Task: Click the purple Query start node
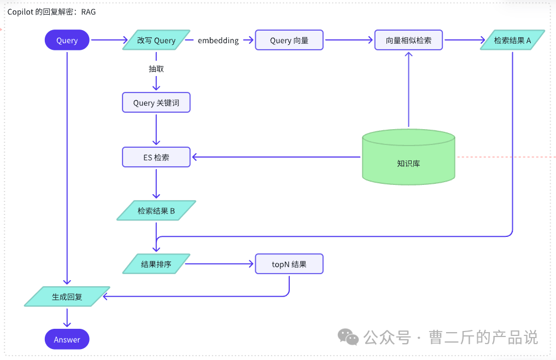point(67,40)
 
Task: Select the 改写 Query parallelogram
point(156,40)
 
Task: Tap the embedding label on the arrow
point(218,40)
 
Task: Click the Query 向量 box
point(289,40)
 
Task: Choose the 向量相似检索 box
point(408,40)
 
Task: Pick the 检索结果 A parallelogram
point(512,40)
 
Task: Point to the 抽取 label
point(156,69)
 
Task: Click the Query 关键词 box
point(156,103)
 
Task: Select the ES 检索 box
point(156,157)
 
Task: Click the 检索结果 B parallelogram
point(156,211)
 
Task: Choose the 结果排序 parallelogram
point(156,264)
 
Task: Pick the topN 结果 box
point(289,264)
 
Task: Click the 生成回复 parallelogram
point(67,297)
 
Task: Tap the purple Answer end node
point(67,339)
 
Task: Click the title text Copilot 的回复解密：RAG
point(51,11)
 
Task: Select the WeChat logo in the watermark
point(348,336)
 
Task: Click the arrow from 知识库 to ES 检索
point(276,157)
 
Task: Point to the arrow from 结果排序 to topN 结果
point(219,264)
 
